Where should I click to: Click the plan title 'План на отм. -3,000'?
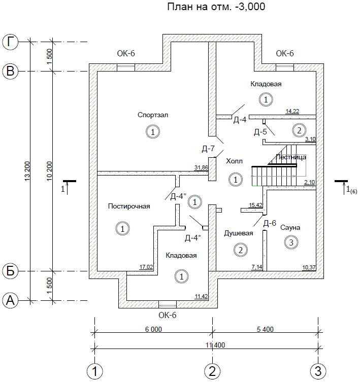pyautogui.click(x=216, y=7)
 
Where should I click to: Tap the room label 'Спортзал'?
pyautogui.click(x=153, y=115)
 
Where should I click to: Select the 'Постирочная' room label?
pyautogui.click(x=129, y=206)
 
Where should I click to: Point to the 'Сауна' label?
pyautogui.click(x=290, y=228)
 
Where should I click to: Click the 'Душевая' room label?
pyautogui.click(x=239, y=233)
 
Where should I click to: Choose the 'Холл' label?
pyautogui.click(x=235, y=161)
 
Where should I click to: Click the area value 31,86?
pyautogui.click(x=201, y=167)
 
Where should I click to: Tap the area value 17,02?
pyautogui.click(x=146, y=267)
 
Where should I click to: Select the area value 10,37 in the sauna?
pyautogui.click(x=309, y=267)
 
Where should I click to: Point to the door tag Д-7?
pyautogui.click(x=208, y=149)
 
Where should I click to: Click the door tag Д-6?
pyautogui.click(x=270, y=223)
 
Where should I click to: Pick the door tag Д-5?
pyautogui.click(x=260, y=132)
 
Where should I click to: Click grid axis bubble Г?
pyautogui.click(x=10, y=42)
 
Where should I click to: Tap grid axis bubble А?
pyautogui.click(x=10, y=300)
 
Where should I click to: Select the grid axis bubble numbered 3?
pyautogui.click(x=318, y=371)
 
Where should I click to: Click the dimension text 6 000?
pyautogui.click(x=153, y=329)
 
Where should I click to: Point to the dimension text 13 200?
pyautogui.click(x=27, y=171)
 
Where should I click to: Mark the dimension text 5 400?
pyautogui.click(x=265, y=329)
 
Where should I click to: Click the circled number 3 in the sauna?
pyautogui.click(x=291, y=242)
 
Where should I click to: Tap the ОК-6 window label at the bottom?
pyautogui.click(x=168, y=315)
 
